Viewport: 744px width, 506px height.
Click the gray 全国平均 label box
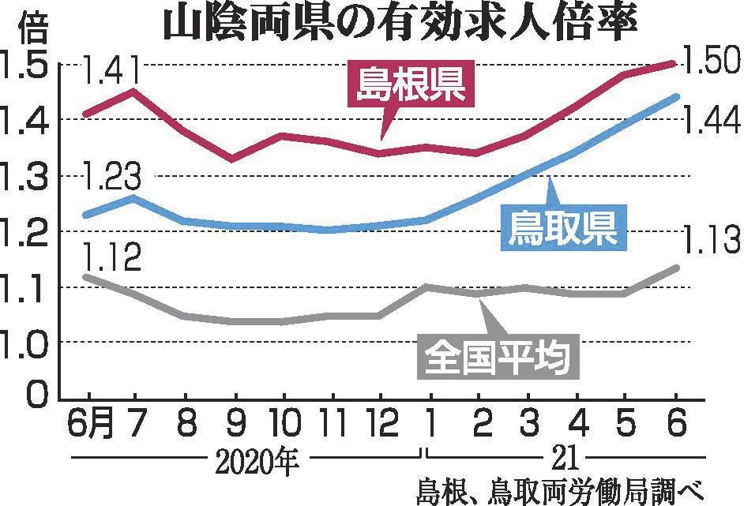coord(497,357)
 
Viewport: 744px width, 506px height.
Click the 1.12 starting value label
coord(111,258)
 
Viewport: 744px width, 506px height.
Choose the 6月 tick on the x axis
coord(89,424)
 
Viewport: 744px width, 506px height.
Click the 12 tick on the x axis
coord(381,424)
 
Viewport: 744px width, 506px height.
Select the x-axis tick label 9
coord(235,424)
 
